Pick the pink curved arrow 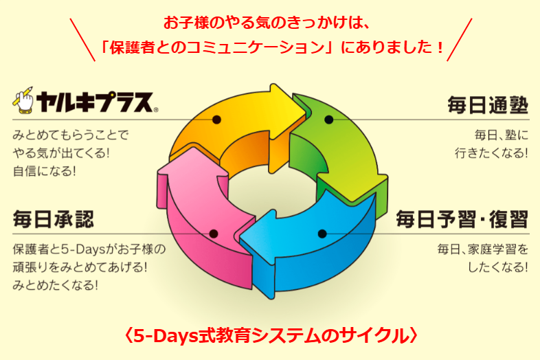point(192,213)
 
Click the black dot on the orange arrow point(216,120)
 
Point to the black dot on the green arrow point(328,120)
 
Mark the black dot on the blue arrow point(325,234)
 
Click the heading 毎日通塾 point(488,105)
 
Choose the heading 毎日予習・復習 point(462,219)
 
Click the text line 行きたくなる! point(491,153)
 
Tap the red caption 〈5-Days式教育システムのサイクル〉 point(270,335)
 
